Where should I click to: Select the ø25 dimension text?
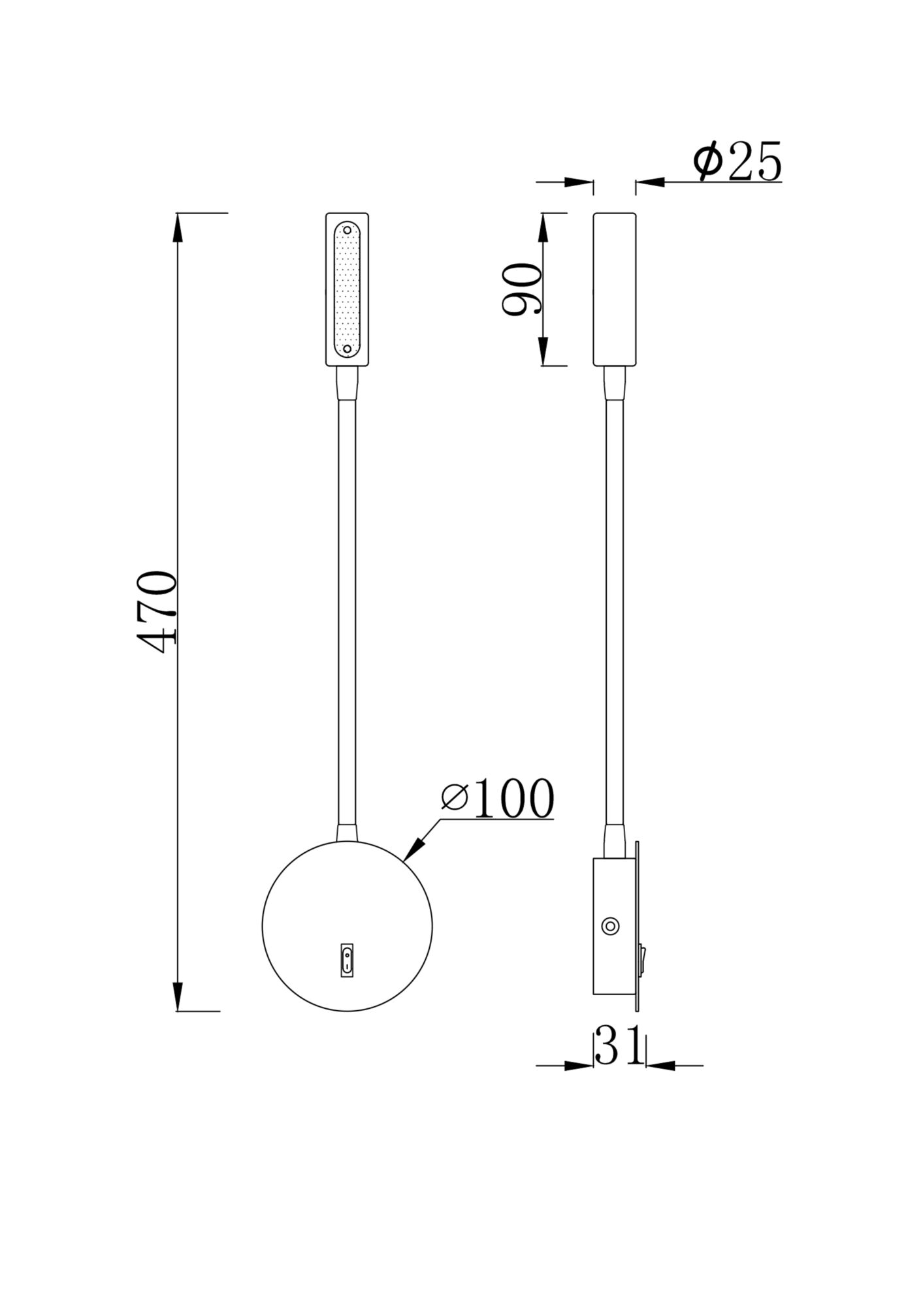tap(738, 162)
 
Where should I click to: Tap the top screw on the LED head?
tap(347, 231)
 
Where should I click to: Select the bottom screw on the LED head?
tap(347, 349)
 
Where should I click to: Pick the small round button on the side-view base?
tap(611, 926)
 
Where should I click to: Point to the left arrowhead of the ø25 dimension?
tap(580, 183)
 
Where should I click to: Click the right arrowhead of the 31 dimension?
tap(658, 1066)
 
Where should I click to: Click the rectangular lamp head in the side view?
tap(614, 289)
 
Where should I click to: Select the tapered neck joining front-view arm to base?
tap(347, 832)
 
